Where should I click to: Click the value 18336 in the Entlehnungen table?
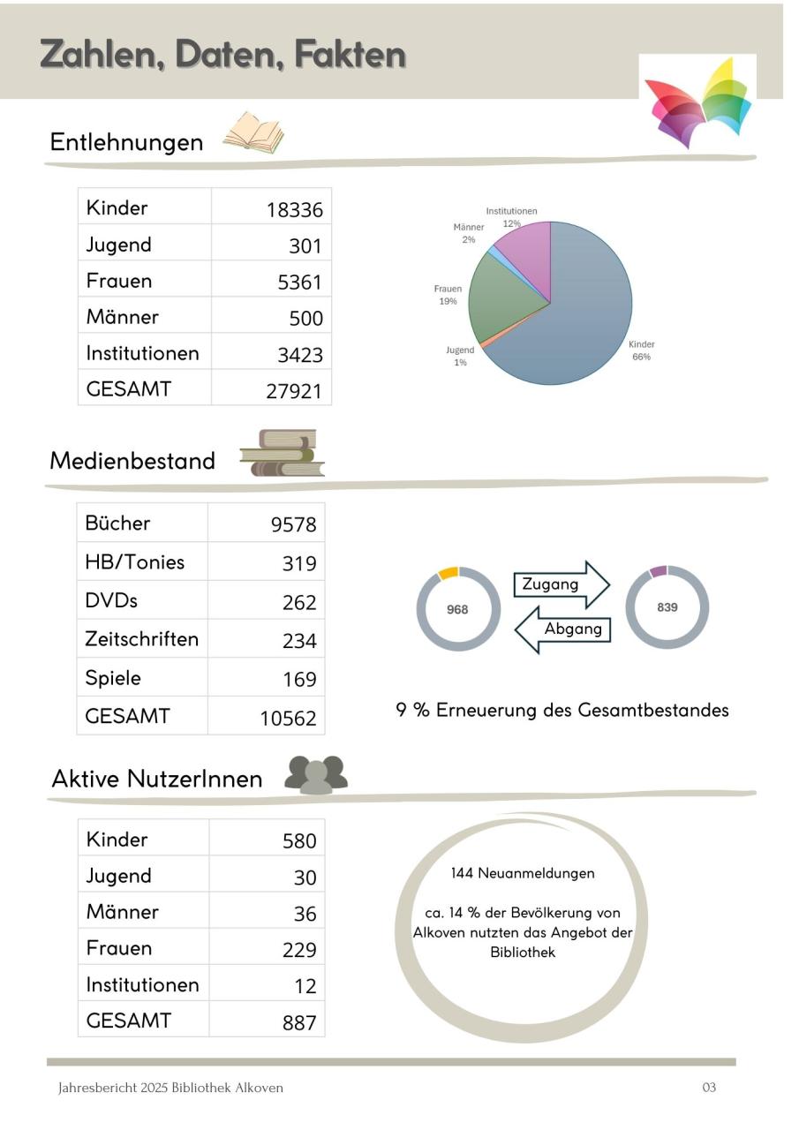tap(294, 210)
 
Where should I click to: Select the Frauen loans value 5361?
tap(299, 282)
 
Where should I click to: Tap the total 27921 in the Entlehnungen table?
tap(294, 391)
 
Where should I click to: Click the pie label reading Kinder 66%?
tap(641, 350)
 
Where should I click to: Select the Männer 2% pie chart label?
tap(468, 233)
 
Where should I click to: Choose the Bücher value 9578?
tap(293, 525)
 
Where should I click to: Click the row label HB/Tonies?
tap(134, 562)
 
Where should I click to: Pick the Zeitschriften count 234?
tap(299, 641)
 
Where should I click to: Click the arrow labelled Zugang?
tap(561, 584)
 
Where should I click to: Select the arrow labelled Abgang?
tap(563, 629)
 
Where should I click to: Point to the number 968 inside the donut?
tap(457, 609)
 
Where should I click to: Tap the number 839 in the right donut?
tap(667, 607)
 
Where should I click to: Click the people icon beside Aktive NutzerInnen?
tap(316, 775)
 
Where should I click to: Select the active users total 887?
tap(299, 1023)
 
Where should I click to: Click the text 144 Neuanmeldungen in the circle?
tap(522, 873)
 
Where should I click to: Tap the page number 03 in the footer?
tap(709, 1088)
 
